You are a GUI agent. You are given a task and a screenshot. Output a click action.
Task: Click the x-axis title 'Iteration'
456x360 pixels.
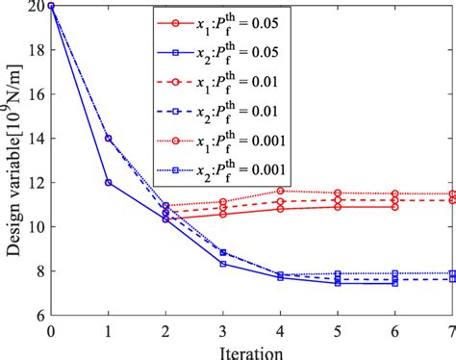252,347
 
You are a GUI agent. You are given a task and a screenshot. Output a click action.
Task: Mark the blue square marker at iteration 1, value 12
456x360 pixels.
108,183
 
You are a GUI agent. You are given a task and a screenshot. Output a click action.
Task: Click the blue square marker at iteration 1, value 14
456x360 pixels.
108,139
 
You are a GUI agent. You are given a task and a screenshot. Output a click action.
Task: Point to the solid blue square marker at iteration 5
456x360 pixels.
338,283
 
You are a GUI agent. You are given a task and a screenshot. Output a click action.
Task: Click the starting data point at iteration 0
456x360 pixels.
50,6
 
